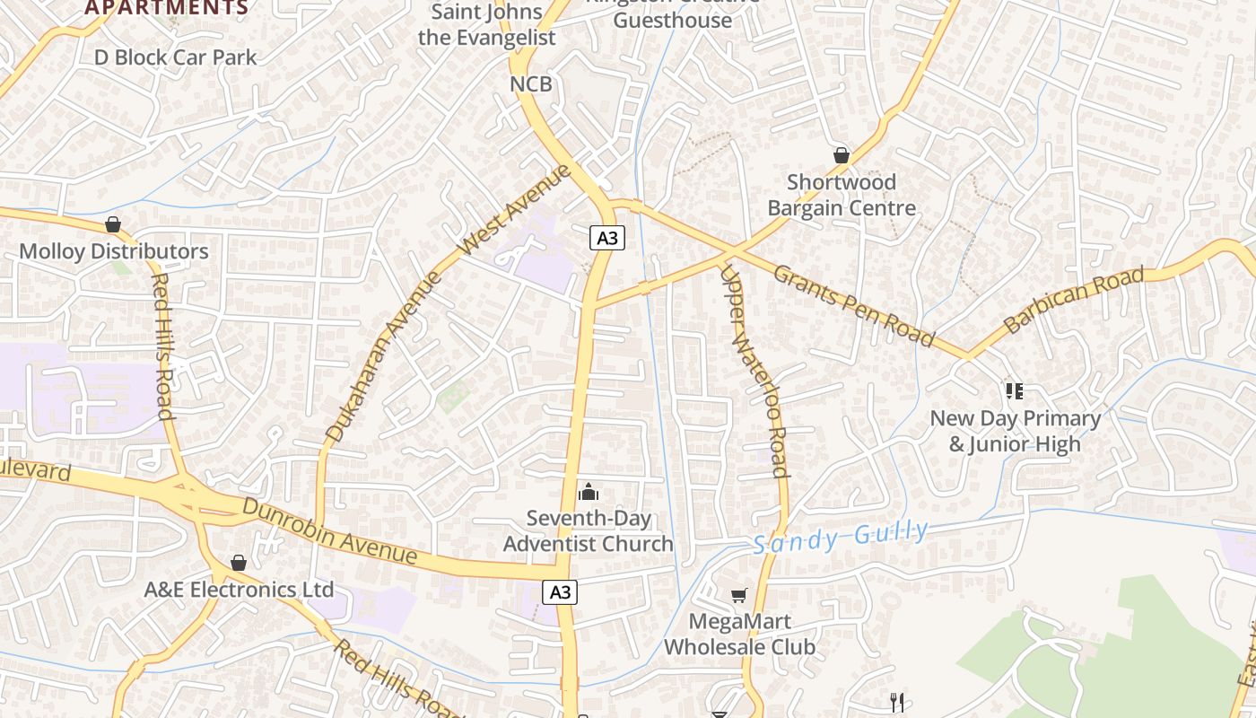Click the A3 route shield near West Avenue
607,237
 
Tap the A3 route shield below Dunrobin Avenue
560,592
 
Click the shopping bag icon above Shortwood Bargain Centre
841,156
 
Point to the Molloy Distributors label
114,251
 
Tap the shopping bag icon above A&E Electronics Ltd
238,563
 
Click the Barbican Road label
1074,300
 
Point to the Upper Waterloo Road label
754,370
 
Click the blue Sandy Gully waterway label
841,537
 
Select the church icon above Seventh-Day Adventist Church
589,491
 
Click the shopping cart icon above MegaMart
739,595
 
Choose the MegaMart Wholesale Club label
739,634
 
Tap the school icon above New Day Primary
1015,390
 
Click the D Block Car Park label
176,57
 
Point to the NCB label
531,84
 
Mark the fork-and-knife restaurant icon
896,702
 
